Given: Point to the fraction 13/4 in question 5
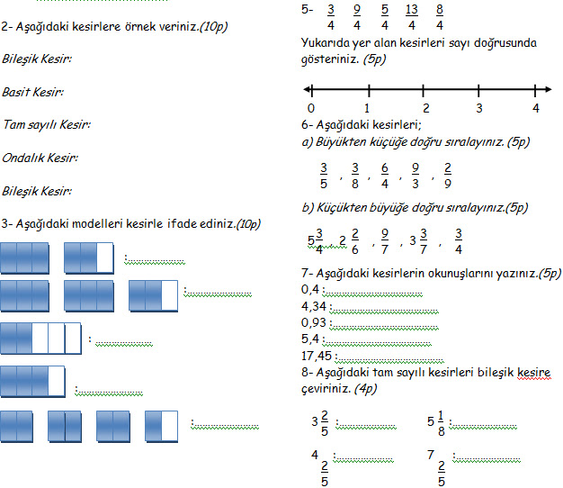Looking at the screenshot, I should tap(411, 18).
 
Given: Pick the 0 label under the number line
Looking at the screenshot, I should tap(310, 107).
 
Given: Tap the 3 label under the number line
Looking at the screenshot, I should tap(479, 107).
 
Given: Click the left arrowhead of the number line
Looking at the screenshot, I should tap(308, 89).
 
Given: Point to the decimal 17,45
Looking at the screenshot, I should tap(317, 356).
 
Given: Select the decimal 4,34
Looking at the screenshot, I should tap(315, 305).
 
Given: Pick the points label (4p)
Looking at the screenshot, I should tap(366, 388).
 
